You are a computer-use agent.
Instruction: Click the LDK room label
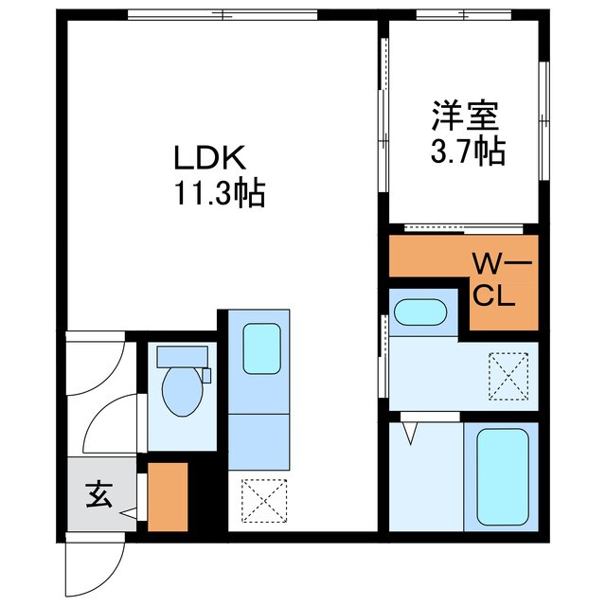(210, 158)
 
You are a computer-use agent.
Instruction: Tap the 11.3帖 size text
(220, 192)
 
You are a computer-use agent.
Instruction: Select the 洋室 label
(465, 116)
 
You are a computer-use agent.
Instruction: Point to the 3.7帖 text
(468, 151)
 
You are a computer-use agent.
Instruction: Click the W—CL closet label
(499, 280)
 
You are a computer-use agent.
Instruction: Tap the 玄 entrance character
(98, 494)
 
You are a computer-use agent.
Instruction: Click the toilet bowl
(183, 391)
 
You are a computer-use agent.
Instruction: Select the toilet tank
(182, 357)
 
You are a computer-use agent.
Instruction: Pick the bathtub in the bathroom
(503, 477)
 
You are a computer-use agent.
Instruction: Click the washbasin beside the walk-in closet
(420, 312)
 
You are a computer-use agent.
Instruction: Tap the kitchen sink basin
(261, 348)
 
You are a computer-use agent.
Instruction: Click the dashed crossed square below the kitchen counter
(264, 501)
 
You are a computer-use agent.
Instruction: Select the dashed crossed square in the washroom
(508, 376)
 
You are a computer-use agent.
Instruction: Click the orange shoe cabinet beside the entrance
(168, 497)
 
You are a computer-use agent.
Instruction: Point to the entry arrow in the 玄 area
(129, 513)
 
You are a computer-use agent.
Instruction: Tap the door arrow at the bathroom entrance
(410, 434)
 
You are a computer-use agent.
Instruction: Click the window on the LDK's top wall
(223, 15)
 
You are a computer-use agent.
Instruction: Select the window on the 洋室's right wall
(544, 121)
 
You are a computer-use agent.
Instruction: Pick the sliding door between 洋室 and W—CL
(464, 229)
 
